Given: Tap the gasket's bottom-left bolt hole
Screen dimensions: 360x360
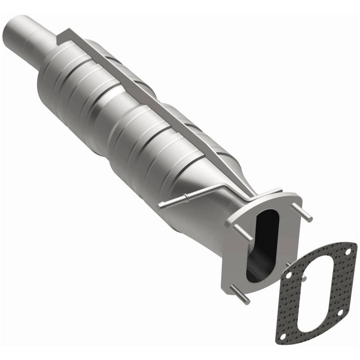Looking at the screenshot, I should pyautogui.click(x=282, y=336).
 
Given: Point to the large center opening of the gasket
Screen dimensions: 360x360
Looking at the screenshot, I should pyautogui.click(x=314, y=294).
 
